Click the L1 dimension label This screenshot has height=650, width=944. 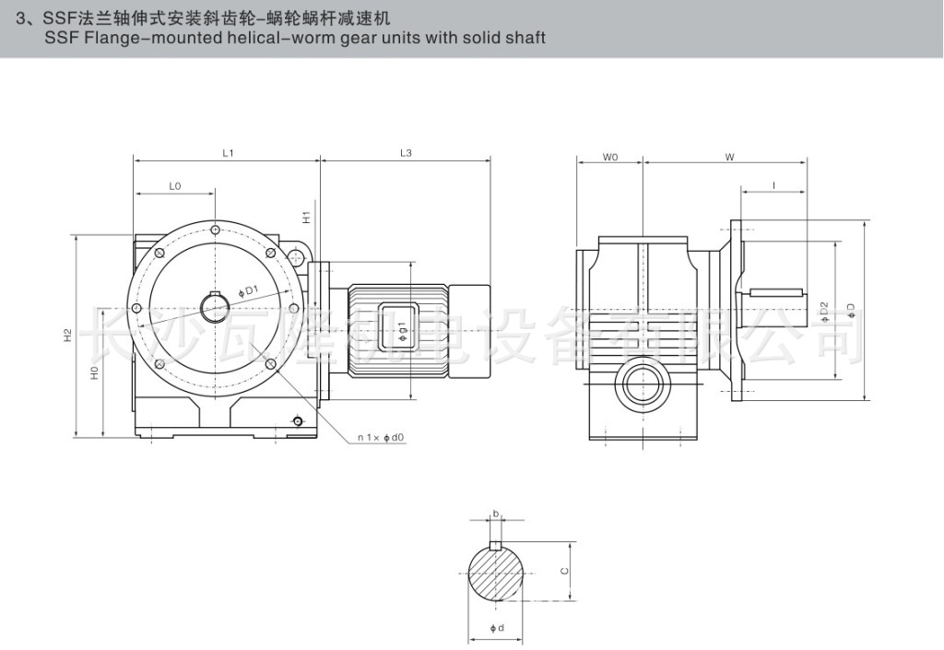pos(227,153)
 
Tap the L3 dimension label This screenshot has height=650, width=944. pos(406,153)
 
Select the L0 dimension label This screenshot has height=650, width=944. pos(175,186)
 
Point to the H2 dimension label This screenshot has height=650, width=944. pos(68,337)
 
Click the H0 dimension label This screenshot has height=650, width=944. pos(94,372)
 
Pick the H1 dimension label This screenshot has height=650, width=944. pos(306,218)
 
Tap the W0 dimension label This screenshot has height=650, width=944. pos(609,158)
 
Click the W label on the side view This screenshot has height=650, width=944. pos(728,158)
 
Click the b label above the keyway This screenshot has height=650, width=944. pos(496,514)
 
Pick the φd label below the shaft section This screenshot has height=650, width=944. pos(496,629)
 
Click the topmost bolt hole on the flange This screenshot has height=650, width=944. pos(215,229)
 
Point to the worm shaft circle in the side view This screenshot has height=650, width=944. pos(643,384)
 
